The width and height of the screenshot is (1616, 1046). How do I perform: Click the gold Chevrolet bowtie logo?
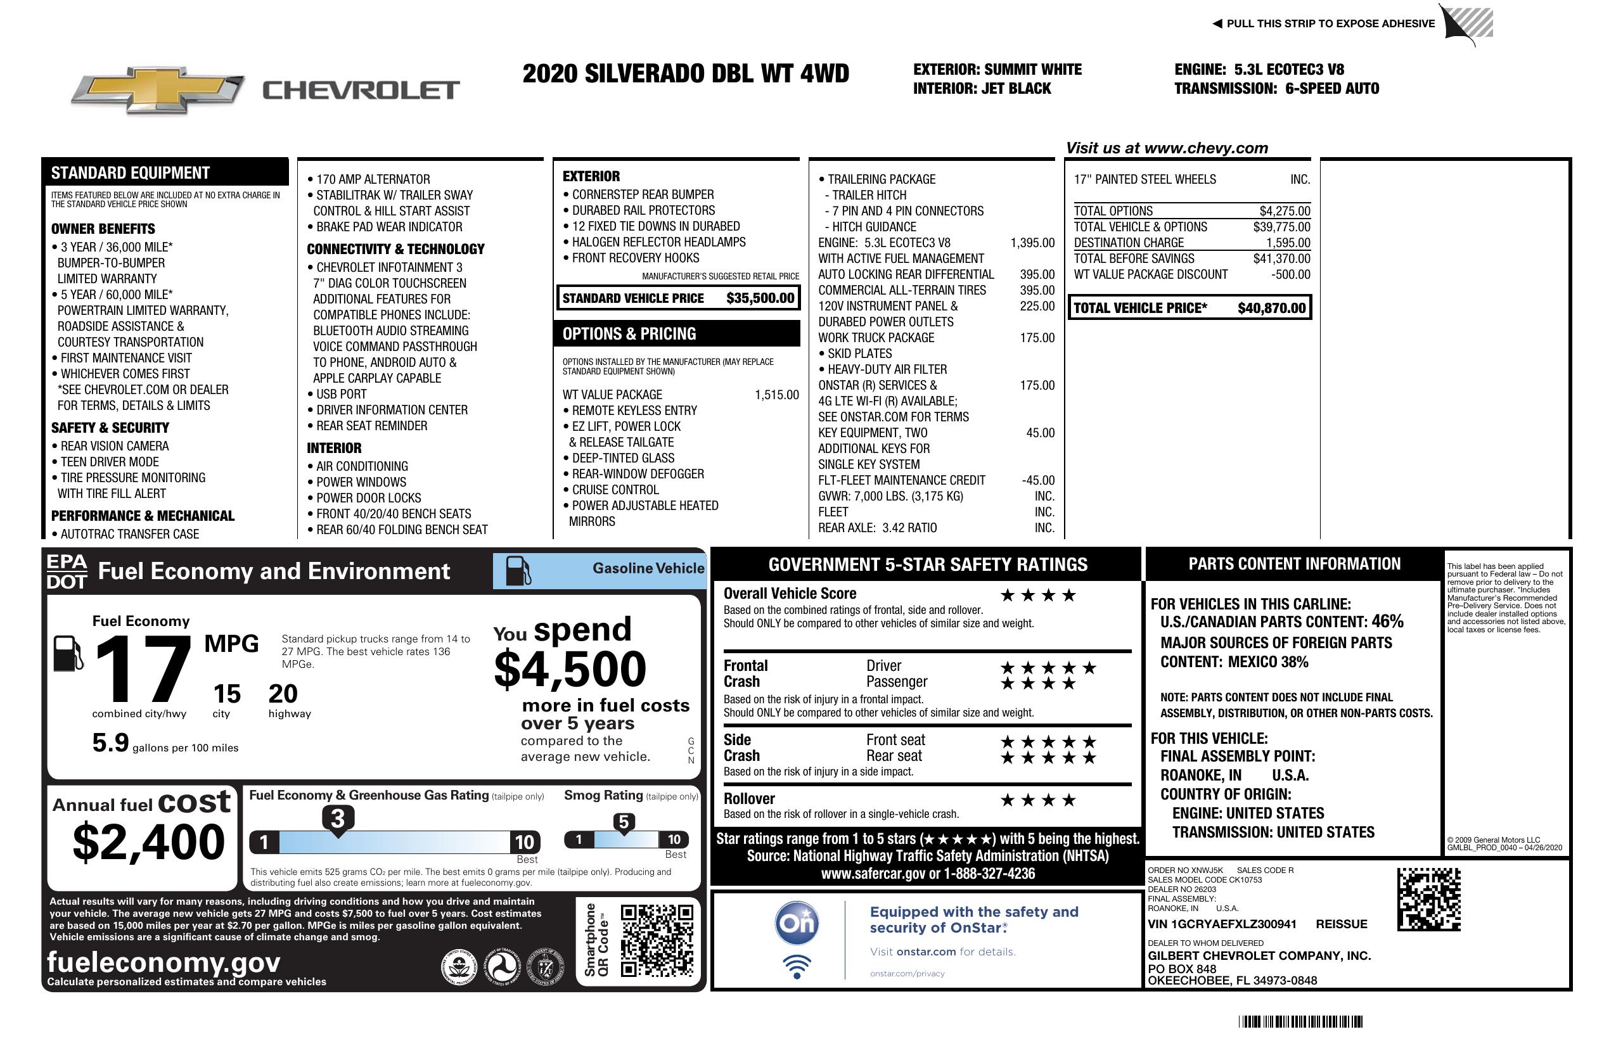[x=158, y=90]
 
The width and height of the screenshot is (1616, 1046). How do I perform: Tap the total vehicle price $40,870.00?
[x=1271, y=308]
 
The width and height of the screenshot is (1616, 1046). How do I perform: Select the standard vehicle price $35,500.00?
[x=760, y=298]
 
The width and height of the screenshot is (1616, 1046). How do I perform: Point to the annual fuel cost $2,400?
[x=148, y=842]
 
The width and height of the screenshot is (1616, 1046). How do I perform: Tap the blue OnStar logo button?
[x=797, y=923]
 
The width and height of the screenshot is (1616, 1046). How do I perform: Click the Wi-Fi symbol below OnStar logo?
[x=797, y=966]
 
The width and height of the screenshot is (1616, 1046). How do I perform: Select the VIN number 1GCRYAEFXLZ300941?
[x=1222, y=924]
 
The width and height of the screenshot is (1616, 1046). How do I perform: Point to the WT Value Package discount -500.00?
[x=1291, y=275]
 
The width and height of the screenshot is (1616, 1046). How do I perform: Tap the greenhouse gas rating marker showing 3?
[x=337, y=819]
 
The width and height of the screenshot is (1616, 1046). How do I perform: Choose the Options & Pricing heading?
[x=629, y=334]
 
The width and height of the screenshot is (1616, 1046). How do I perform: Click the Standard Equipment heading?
[x=131, y=173]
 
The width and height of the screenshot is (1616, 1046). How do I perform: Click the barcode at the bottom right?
[x=1300, y=1021]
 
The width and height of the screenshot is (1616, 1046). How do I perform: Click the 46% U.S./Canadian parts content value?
[x=1387, y=621]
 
